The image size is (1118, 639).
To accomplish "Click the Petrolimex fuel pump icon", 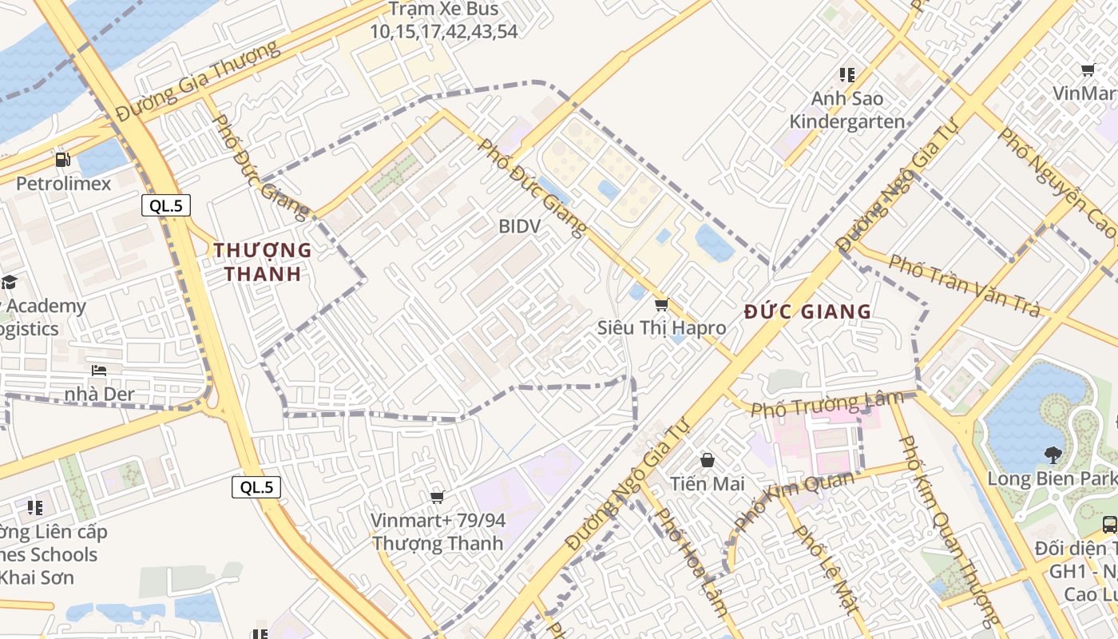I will (63, 161).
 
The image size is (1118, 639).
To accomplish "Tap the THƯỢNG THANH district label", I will (263, 262).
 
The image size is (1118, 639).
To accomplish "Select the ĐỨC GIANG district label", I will (807, 312).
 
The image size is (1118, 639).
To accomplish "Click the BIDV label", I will (519, 226).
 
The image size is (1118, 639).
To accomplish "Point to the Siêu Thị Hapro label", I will (662, 327).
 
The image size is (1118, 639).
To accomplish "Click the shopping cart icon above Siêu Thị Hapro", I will (661, 305).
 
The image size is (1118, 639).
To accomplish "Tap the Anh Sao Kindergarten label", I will (847, 110).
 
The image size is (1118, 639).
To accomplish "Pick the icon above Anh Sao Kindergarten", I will (847, 75).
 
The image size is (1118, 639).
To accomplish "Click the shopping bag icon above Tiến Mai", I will (708, 460).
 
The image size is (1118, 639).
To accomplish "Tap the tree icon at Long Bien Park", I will (1053, 455).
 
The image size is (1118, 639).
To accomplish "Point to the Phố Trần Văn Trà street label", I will (965, 285).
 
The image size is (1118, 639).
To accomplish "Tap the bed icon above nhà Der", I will (99, 371).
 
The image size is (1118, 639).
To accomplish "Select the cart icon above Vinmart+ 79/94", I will (437, 498).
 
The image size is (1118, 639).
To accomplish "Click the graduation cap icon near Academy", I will (9, 282).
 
